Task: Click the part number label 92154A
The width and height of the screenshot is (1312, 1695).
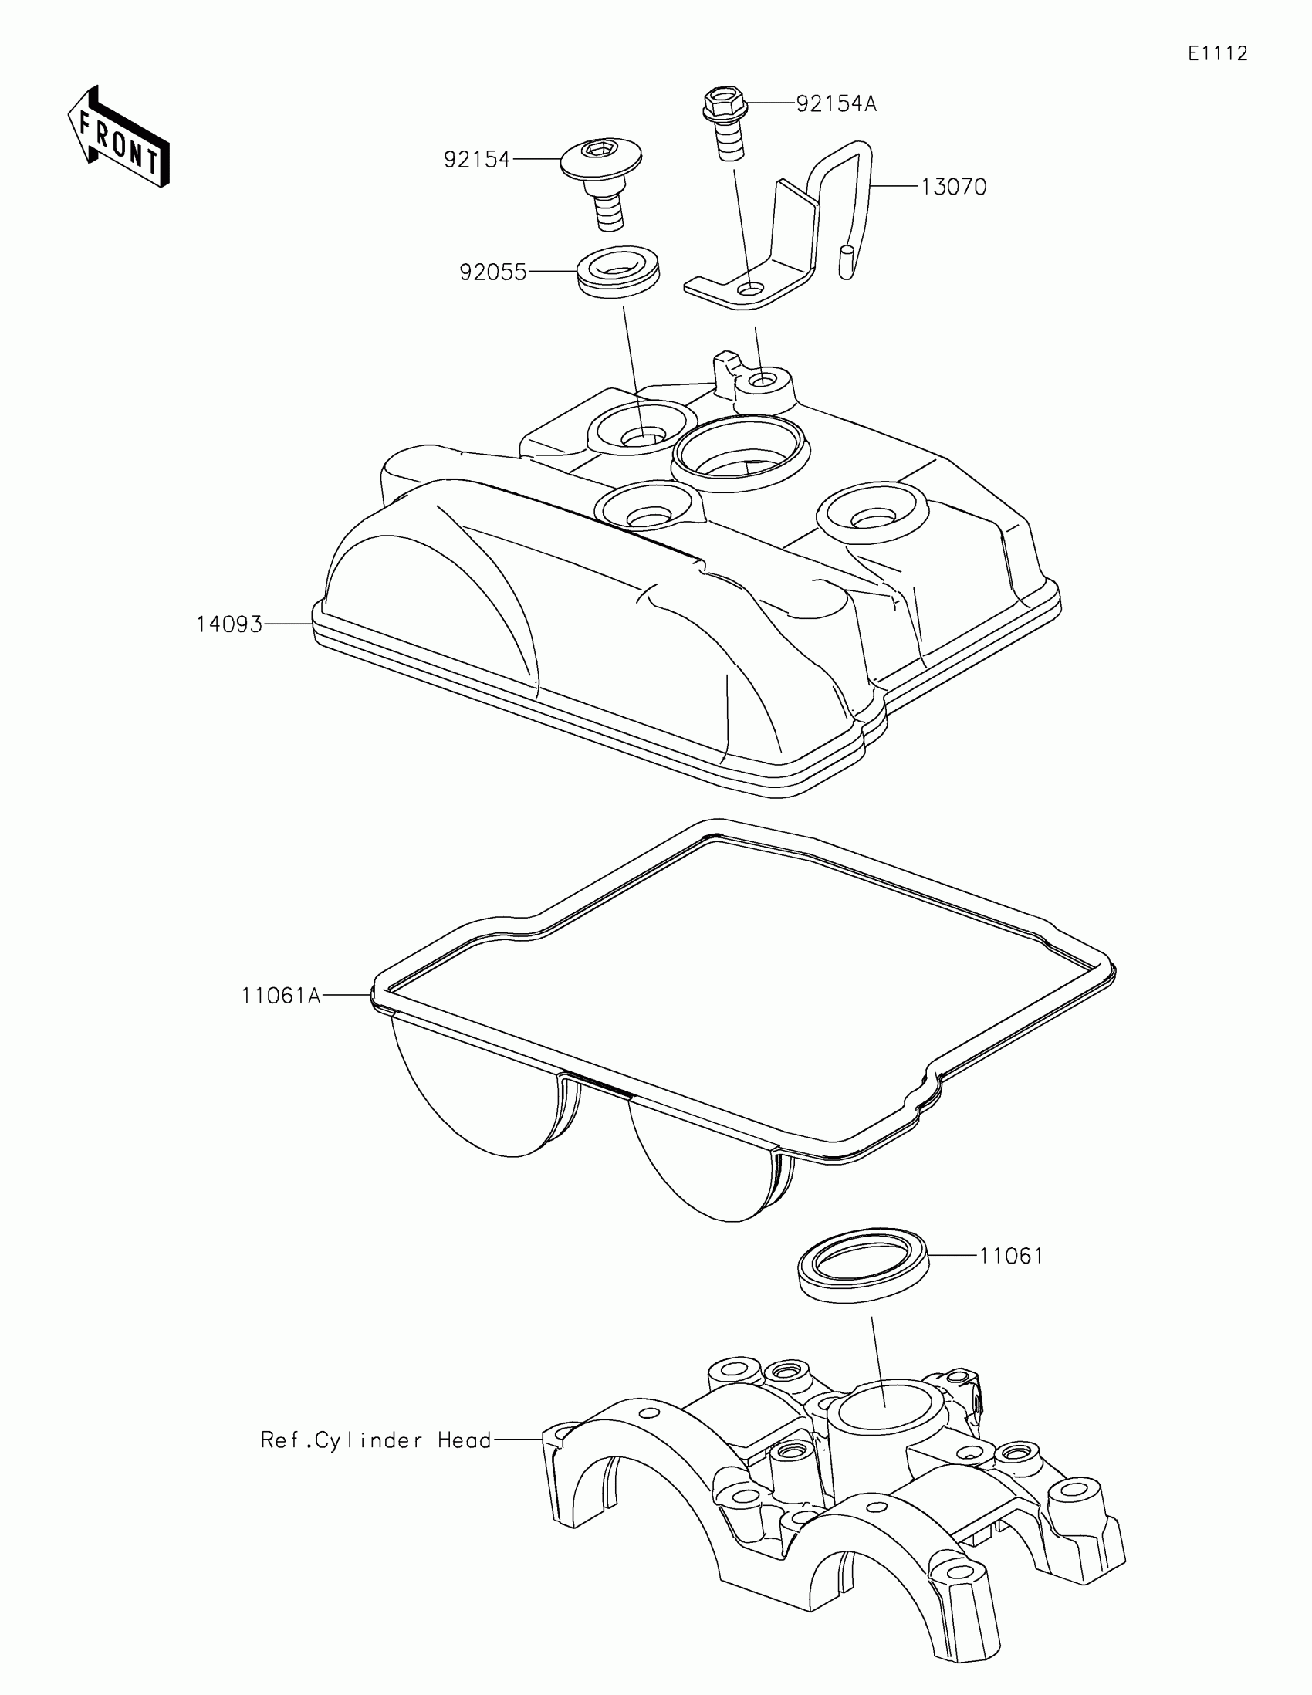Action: click(837, 104)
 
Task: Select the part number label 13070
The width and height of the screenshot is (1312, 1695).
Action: click(954, 188)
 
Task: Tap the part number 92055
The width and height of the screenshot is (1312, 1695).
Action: click(492, 272)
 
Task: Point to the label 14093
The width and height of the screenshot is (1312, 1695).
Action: click(230, 624)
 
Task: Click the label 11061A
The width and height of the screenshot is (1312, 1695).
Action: click(281, 996)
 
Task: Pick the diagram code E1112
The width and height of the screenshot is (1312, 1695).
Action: click(1217, 53)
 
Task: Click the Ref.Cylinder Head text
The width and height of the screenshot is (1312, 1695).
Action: click(377, 1440)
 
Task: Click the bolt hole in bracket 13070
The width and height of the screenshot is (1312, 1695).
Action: click(750, 289)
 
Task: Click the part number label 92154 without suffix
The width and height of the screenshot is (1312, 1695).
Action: click(477, 160)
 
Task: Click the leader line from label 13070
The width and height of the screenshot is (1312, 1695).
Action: click(895, 187)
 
